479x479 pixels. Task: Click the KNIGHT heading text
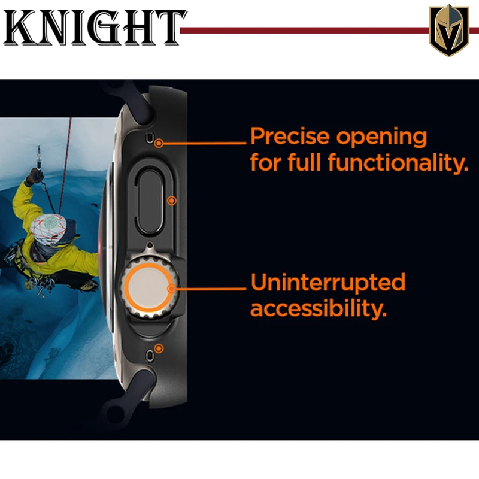(x=95, y=28)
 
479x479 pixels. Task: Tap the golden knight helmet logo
(x=448, y=30)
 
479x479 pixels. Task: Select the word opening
(x=381, y=138)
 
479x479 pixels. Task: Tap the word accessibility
(x=319, y=308)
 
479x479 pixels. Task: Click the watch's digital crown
(x=148, y=287)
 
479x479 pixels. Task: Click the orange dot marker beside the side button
(x=172, y=201)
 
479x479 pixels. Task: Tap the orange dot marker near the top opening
(x=159, y=143)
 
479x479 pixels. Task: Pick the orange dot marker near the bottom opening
(x=159, y=348)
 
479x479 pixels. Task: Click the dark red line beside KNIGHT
(x=304, y=31)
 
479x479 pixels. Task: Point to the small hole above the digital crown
(x=150, y=245)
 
